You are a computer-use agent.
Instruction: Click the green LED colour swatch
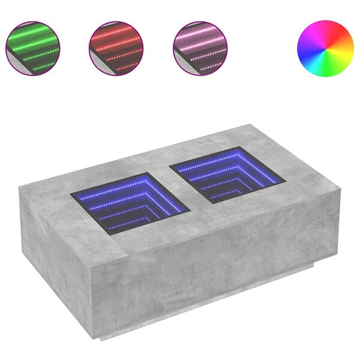33,49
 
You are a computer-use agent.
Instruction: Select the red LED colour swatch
116,49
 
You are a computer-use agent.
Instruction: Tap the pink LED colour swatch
200,49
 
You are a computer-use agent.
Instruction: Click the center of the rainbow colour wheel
326,49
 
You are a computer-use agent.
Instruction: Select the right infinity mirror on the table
226,174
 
